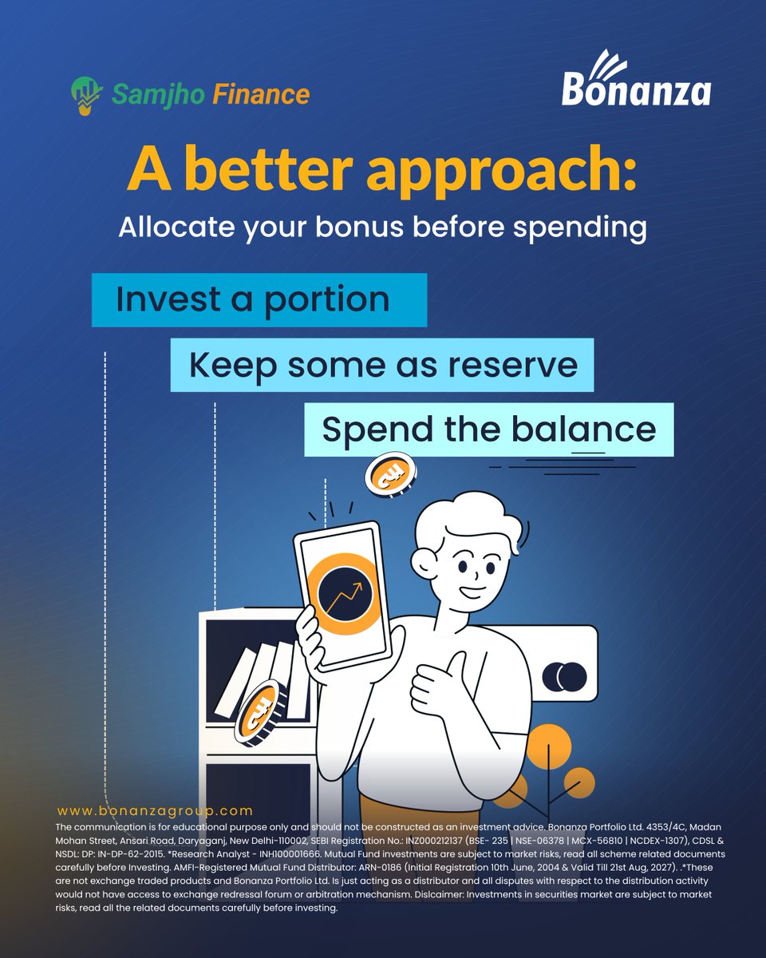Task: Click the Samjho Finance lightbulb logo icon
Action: click(85, 93)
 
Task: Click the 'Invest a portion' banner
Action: click(259, 299)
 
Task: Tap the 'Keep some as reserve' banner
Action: click(382, 365)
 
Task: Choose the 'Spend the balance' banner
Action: click(488, 430)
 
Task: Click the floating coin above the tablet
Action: click(390, 473)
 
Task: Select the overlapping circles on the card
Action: click(564, 677)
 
